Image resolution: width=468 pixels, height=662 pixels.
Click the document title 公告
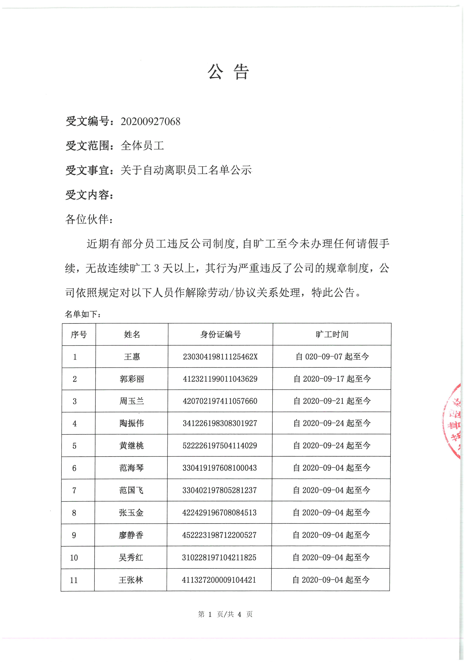[228, 72]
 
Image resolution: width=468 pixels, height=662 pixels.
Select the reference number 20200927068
[150, 121]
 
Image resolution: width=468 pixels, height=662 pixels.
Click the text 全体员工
[142, 146]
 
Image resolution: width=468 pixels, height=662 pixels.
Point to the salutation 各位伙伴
[87, 219]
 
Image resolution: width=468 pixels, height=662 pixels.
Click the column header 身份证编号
[220, 334]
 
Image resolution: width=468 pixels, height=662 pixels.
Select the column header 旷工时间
[332, 334]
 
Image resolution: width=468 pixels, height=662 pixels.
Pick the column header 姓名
[132, 334]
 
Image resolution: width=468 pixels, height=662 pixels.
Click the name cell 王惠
[132, 357]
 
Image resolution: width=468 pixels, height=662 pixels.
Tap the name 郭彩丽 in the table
[132, 379]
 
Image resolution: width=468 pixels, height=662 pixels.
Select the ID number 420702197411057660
[220, 401]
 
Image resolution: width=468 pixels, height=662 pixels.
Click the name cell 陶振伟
[132, 423]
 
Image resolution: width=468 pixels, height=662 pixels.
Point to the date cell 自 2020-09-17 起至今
[332, 379]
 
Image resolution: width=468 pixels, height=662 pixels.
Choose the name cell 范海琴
[131, 468]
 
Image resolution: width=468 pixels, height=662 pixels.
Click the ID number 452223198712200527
[219, 535]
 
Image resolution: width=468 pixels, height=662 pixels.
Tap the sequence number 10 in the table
[74, 558]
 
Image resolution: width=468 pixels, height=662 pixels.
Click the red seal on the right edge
[453, 422]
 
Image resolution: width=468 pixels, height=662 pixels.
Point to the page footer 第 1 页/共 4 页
[225, 614]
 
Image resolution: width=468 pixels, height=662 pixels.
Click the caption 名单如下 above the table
[83, 314]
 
